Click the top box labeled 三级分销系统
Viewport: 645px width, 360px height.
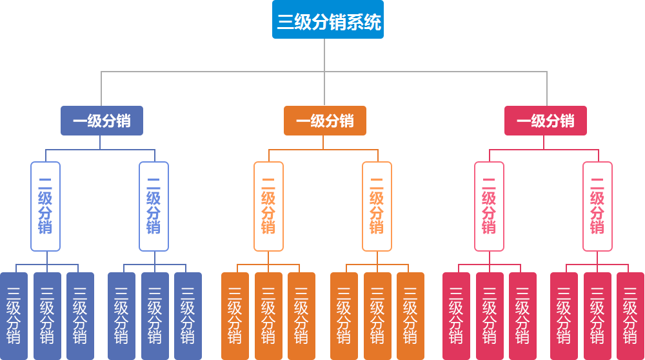(x=328, y=20)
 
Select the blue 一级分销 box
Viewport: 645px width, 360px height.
(x=101, y=121)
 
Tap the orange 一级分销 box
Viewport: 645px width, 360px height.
(x=325, y=121)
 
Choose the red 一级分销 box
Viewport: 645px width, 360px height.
(x=546, y=121)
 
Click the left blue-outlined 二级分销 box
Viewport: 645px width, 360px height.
(x=45, y=206)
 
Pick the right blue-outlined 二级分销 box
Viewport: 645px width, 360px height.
(x=154, y=206)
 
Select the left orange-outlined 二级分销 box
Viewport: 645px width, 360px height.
(x=268, y=206)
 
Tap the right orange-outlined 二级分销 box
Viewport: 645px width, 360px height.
(x=377, y=206)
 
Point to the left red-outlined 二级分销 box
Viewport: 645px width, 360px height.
(x=489, y=206)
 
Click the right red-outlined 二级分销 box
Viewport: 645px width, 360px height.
(x=597, y=206)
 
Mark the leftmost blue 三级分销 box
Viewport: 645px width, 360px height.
(x=14, y=315)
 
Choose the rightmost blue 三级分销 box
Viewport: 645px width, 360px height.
(x=188, y=315)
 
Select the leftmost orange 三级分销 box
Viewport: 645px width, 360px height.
(x=235, y=315)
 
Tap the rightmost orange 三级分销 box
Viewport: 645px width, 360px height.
(x=410, y=315)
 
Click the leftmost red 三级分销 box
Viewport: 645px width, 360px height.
(x=456, y=315)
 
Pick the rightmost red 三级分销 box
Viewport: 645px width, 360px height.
(x=630, y=315)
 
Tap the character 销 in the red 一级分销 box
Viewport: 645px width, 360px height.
(x=567, y=121)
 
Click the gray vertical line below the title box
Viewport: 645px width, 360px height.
(x=324, y=55)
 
